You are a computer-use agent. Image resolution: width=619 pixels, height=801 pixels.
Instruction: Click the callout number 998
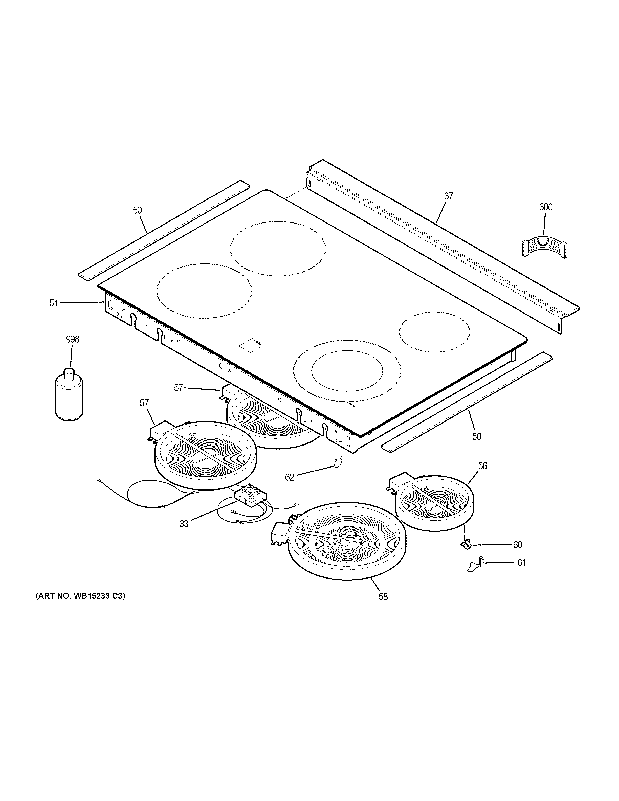[72, 339]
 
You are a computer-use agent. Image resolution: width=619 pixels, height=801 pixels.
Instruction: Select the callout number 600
[545, 207]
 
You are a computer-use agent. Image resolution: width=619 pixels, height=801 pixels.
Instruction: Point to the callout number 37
[449, 196]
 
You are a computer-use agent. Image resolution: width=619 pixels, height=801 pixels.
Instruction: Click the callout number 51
[54, 303]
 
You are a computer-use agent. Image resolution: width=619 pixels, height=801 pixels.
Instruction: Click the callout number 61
[521, 563]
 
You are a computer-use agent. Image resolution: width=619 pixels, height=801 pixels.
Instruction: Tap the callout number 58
[383, 597]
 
